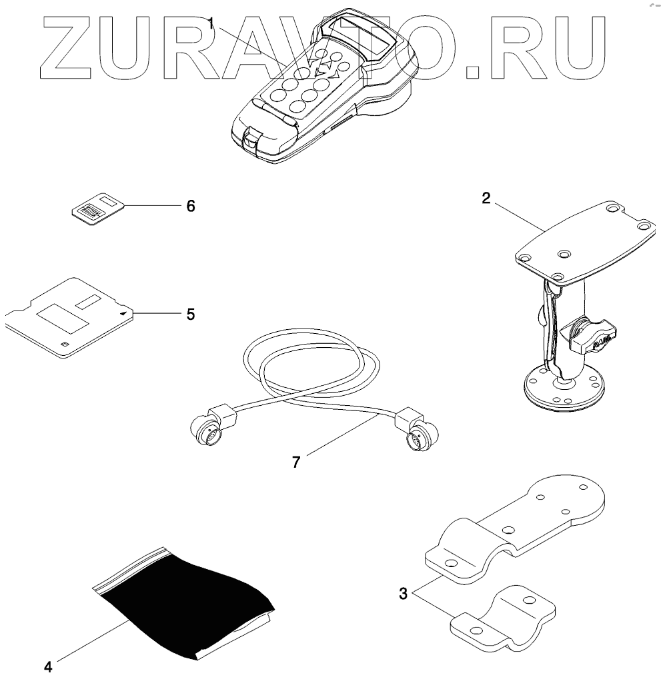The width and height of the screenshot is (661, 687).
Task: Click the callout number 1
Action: coord(211,23)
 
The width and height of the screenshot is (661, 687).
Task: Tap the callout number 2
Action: coord(486,197)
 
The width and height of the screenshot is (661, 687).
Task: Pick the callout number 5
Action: coord(191,314)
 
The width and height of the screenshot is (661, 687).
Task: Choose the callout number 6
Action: coord(191,206)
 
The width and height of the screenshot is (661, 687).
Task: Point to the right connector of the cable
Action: coord(419,437)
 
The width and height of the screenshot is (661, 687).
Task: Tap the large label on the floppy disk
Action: coord(63,318)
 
